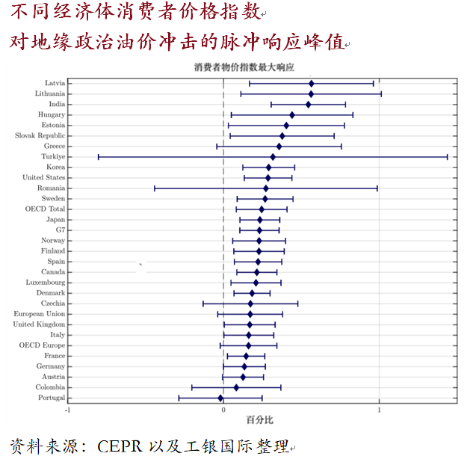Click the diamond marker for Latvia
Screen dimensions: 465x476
[311, 83]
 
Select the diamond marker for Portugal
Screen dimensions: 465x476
[220, 398]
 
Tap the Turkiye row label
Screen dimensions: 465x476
[53, 157]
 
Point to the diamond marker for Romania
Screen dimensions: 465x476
[265, 188]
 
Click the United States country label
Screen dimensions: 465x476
[43, 178]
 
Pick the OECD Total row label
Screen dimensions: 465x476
[46, 209]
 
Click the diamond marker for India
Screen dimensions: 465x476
[308, 104]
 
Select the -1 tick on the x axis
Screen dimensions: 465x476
[68, 410]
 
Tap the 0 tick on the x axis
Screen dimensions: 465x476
[223, 410]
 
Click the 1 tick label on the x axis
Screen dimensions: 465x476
[379, 410]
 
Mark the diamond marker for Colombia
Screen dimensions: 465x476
[236, 387]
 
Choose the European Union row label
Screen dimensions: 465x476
[39, 314]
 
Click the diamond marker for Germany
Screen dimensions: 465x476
[244, 366]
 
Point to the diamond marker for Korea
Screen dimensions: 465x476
[268, 167]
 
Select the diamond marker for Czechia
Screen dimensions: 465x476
[250, 304]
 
